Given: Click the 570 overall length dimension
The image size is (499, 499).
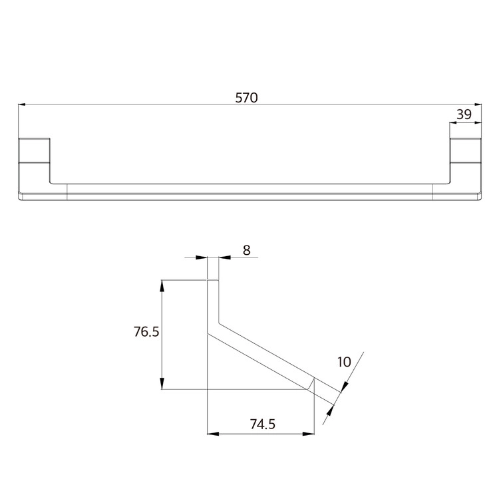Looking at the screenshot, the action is point(246,98).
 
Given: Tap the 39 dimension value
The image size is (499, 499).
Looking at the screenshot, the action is point(464,114).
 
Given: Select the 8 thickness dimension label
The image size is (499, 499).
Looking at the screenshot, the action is point(246,250).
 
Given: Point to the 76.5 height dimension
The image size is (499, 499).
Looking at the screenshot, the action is point(146,331).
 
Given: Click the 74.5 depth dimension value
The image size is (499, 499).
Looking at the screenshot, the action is point(262,424).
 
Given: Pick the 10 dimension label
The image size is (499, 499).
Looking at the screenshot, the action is point(344,362).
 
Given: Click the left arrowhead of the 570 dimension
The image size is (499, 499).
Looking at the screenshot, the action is point(22,104).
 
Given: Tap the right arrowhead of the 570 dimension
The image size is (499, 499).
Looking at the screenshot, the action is point(478,104).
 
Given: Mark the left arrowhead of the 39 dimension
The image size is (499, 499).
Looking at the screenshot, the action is point(453,123).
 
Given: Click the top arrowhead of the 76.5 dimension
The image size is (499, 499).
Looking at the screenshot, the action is point(162,286).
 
